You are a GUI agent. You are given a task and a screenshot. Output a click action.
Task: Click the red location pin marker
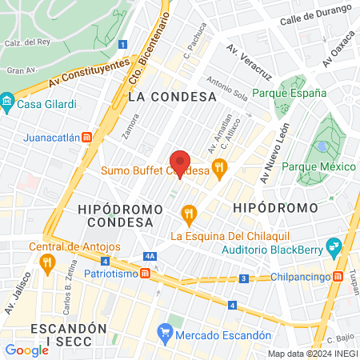pos(180,163)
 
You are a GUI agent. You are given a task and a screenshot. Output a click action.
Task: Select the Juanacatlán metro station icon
pos(86,137)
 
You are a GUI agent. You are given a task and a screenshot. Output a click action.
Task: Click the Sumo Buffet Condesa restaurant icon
pos(220,168)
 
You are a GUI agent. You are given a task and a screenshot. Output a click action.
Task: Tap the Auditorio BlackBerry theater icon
pos(334,245)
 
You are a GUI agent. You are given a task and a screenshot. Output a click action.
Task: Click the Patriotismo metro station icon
pos(146,273)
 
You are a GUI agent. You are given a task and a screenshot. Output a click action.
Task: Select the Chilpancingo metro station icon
pos(338,277)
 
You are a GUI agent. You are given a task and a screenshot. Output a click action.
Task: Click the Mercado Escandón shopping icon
pos(164,330)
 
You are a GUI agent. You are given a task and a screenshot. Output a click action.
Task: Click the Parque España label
pos(289,93)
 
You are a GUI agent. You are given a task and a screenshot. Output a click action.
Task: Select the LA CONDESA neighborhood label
pos(172,96)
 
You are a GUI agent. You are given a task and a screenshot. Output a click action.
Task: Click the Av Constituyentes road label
pos(88,74)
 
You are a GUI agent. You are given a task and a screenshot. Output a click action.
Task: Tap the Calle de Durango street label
pos(316,18)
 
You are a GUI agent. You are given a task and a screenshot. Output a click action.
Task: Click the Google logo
pos(26,350)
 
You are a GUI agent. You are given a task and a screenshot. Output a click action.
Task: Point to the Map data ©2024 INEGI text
pos(312,354)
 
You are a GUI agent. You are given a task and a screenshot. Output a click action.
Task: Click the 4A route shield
pos(150,256)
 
